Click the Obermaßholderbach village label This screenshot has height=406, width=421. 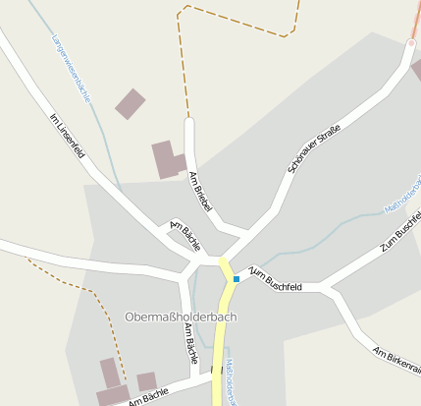click(x=182, y=318)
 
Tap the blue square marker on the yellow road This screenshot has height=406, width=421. click(x=237, y=279)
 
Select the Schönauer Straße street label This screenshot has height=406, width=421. click(x=314, y=149)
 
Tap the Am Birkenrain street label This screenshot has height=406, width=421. click(x=396, y=358)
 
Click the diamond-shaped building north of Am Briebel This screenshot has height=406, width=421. click(x=130, y=103)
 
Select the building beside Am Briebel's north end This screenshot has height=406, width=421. click(x=168, y=159)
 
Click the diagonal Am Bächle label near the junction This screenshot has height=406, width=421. click(x=185, y=234)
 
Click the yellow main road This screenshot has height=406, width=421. click(x=221, y=344)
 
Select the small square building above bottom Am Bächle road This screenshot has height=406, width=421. click(x=146, y=381)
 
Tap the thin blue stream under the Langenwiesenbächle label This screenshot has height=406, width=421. click(x=108, y=147)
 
